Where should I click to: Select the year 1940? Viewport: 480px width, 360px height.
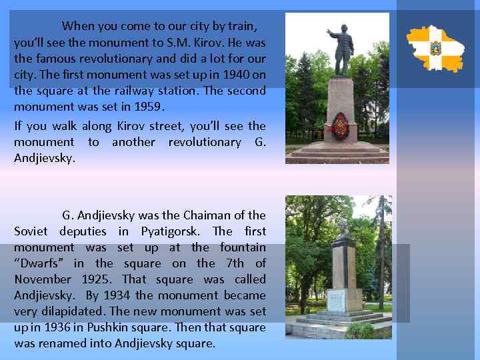(237, 75)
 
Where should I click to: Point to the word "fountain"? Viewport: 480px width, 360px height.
(243, 247)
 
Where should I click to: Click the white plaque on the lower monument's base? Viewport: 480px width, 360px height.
(337, 299)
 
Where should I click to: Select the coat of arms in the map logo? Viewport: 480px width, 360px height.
(435, 48)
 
